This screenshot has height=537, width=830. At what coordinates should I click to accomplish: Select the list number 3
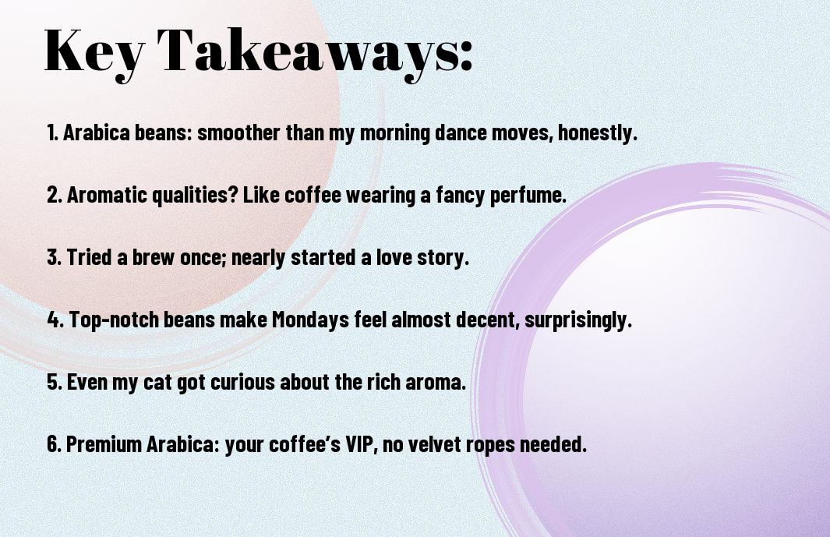point(54,257)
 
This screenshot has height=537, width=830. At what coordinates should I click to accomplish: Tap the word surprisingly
point(578,320)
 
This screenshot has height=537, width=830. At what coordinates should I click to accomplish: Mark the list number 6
point(54,444)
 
